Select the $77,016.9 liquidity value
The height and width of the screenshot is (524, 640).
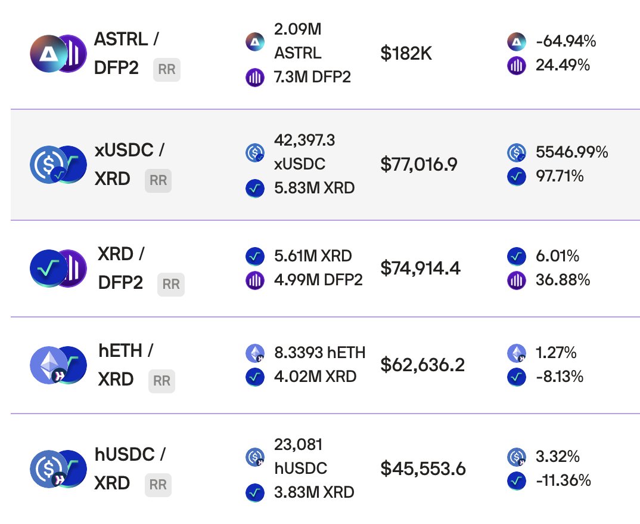coord(419,165)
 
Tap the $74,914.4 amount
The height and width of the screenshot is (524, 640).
coord(420,269)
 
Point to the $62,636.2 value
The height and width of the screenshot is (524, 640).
coord(422,364)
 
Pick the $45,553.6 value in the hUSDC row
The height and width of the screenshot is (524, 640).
coord(423,469)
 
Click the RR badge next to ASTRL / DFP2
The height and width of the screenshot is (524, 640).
coord(167,70)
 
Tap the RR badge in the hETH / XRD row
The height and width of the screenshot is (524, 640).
coord(161,380)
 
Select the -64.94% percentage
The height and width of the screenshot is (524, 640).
coord(566,41)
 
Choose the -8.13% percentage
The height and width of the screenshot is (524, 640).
coord(560,377)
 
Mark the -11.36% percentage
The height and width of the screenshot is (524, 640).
coord(563,480)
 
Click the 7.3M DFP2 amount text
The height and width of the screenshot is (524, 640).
coord(312,77)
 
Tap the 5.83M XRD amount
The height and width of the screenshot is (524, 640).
coord(314,188)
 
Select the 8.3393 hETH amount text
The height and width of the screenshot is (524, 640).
coord(319,353)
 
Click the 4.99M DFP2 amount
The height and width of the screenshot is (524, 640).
coord(318,280)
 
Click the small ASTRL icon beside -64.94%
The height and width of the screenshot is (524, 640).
coord(517,42)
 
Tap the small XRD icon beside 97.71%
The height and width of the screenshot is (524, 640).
coord(517,177)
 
